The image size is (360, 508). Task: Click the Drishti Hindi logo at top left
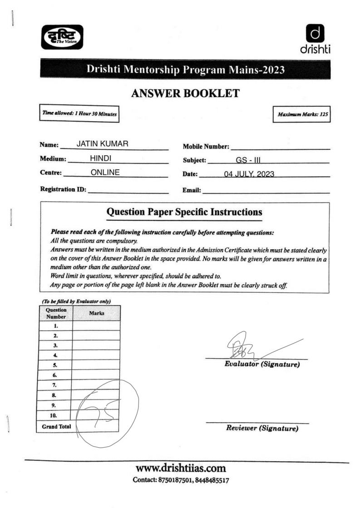coord(62,37)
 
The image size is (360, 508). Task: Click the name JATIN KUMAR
coord(102,144)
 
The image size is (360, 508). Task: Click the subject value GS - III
coord(247,160)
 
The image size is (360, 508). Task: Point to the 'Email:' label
coord(191,190)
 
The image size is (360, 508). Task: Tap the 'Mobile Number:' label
coord(206,147)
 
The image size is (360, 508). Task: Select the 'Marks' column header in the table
coord(96,313)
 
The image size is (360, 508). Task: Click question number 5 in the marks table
coord(54,365)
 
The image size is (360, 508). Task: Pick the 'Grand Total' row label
coord(54,425)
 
